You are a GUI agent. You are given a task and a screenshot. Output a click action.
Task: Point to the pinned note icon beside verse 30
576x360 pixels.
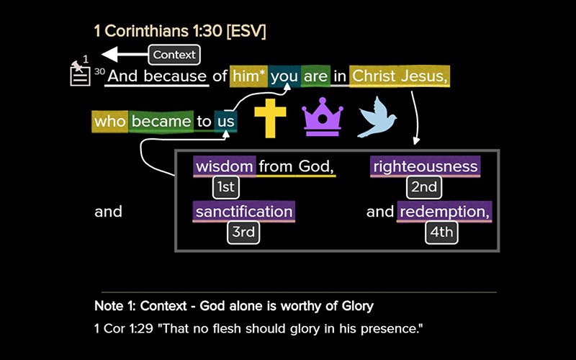click(x=79, y=72)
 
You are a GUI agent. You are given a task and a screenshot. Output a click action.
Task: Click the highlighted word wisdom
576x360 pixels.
click(x=225, y=167)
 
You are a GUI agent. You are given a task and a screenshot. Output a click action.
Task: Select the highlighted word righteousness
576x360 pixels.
click(x=425, y=167)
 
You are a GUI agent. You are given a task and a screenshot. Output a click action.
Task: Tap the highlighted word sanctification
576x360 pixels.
click(x=244, y=212)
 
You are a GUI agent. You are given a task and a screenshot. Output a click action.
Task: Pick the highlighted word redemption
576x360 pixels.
click(x=444, y=212)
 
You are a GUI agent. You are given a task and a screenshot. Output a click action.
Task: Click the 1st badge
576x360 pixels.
click(x=225, y=188)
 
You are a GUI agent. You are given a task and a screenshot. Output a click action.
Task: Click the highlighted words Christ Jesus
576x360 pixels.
click(x=400, y=76)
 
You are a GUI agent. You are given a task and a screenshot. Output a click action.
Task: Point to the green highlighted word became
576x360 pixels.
click(x=161, y=121)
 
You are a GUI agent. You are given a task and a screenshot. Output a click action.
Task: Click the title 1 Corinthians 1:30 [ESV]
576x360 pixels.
click(x=180, y=31)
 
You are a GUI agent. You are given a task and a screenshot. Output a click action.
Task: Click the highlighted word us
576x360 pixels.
click(x=226, y=121)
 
